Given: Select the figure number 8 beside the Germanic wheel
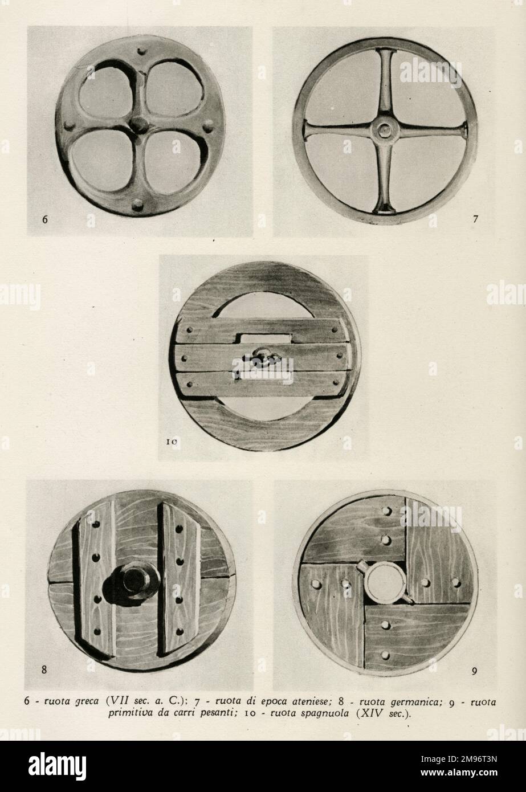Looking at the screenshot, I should point(44,670).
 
